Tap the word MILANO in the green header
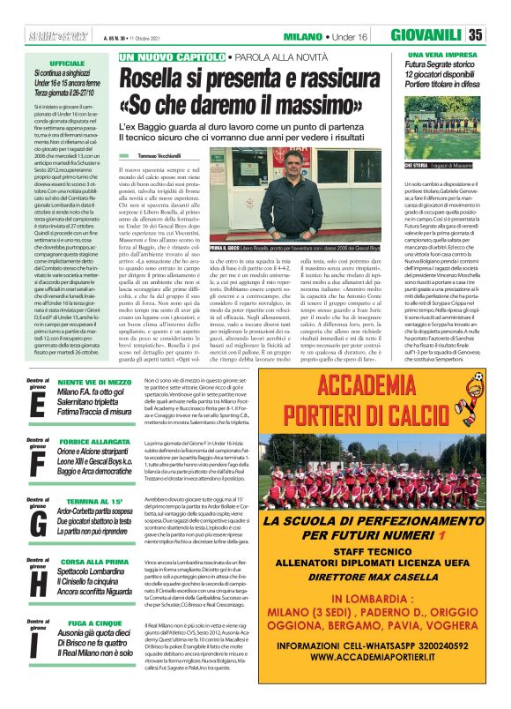tap(302, 35)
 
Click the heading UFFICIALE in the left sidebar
tap(67, 64)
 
